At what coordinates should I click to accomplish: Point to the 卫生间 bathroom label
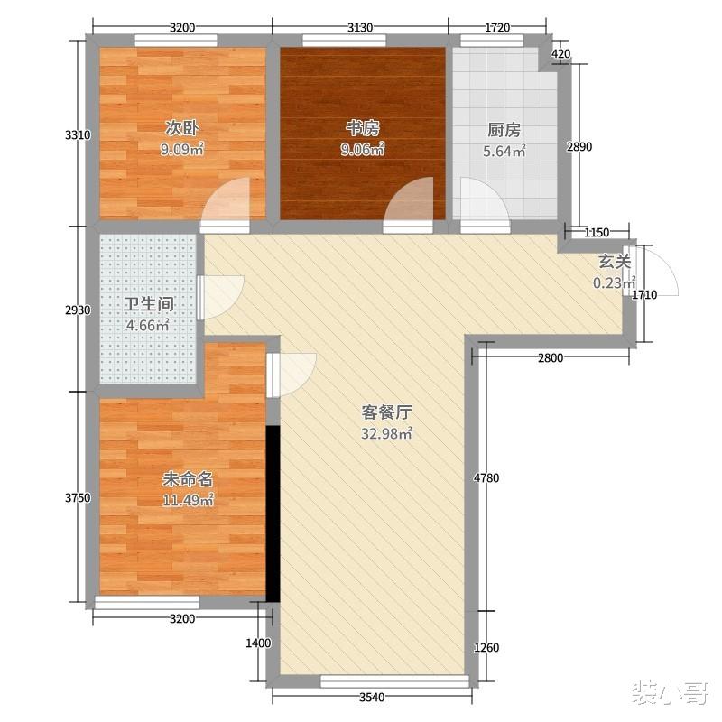[148, 304]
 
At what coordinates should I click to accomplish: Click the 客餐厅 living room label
[387, 412]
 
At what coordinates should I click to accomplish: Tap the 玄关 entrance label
[614, 263]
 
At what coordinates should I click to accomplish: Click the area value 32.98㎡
[387, 434]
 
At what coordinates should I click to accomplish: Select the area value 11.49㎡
[187, 499]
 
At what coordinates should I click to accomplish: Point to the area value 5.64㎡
[504, 152]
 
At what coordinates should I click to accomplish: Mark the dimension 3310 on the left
[79, 135]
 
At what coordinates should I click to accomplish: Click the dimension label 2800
[551, 358]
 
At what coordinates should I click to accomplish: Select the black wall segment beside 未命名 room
[273, 512]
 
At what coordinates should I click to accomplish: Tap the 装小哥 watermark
[668, 693]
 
